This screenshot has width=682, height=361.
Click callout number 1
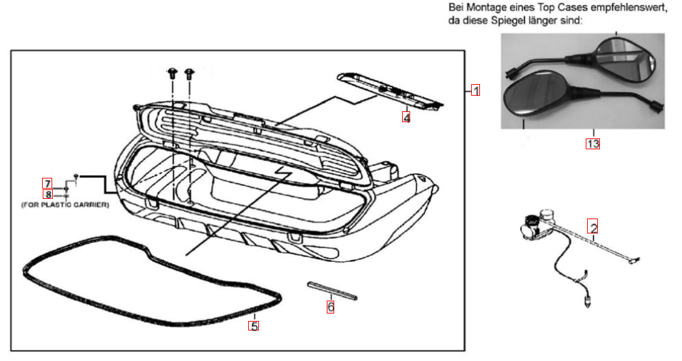[x=476, y=90]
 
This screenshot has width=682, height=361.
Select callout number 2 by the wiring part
[x=593, y=227]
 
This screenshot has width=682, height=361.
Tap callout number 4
[x=406, y=117]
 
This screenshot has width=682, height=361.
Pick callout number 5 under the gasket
[x=254, y=326]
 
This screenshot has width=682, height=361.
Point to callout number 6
[x=331, y=307]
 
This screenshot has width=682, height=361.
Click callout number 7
[x=47, y=183]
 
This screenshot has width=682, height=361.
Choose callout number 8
[x=47, y=194]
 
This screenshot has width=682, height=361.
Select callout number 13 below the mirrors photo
[x=593, y=143]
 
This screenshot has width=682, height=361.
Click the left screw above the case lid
[x=172, y=73]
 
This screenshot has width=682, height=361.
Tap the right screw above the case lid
[x=188, y=73]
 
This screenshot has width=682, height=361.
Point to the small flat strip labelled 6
[x=332, y=289]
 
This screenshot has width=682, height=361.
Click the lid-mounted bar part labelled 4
[x=386, y=88]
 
